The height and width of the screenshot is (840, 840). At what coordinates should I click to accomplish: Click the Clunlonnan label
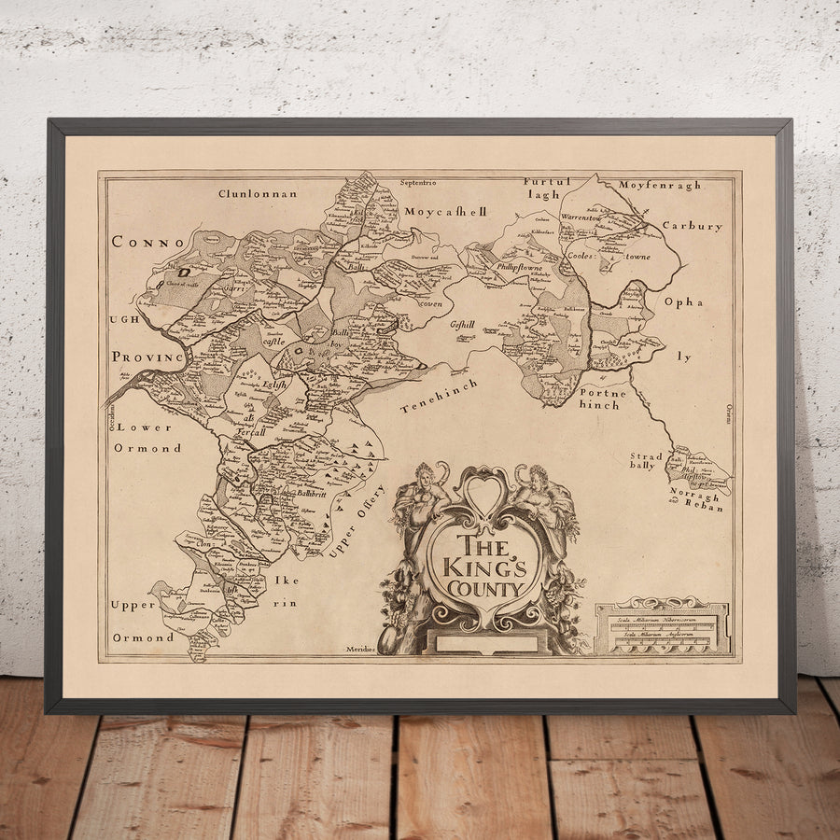[258, 193]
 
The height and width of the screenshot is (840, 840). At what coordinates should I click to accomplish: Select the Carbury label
[692, 226]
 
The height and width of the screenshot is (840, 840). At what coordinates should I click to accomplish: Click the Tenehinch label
[438, 396]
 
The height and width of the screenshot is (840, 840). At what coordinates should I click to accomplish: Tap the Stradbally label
[646, 461]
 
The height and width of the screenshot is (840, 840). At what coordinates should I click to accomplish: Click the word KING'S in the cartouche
[483, 567]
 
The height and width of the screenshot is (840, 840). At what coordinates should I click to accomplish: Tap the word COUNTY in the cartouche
[483, 589]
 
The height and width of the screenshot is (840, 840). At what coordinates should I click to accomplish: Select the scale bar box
[663, 626]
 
